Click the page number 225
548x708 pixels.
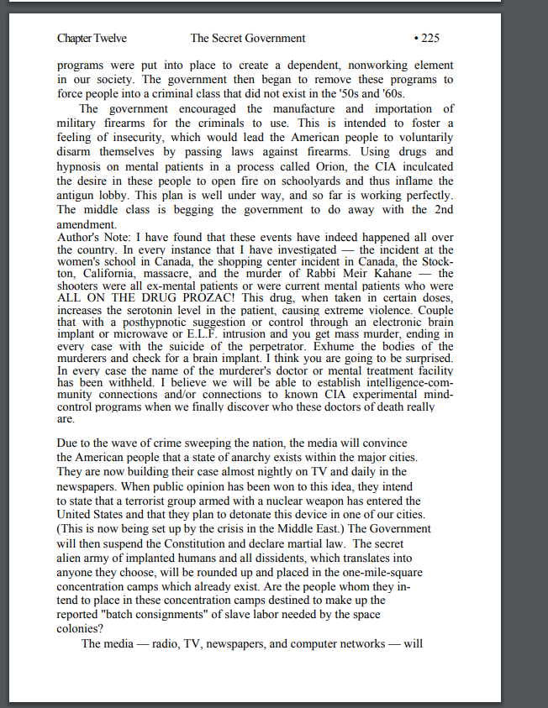(428, 38)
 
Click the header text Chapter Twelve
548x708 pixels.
(92, 38)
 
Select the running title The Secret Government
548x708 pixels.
(248, 38)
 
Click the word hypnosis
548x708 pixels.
(82, 166)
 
